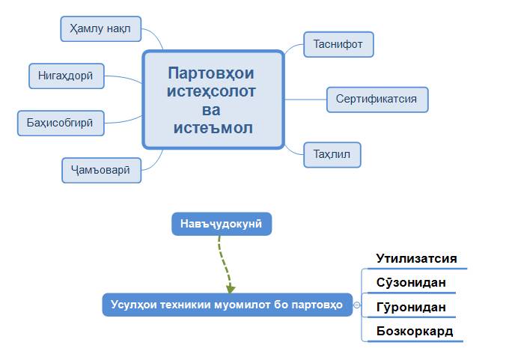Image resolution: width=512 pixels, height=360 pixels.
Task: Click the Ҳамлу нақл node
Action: (100, 28)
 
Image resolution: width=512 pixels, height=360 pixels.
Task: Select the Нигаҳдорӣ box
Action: (66, 75)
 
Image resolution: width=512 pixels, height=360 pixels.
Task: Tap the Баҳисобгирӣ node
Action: (61, 123)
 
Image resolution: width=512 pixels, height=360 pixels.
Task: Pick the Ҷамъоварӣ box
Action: (100, 170)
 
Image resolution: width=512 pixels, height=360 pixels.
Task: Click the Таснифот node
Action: (338, 44)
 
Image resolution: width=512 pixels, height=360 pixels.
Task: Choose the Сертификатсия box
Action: (377, 99)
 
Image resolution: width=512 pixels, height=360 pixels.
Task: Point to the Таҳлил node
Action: (332, 154)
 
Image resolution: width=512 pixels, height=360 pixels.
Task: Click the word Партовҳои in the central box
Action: (211, 73)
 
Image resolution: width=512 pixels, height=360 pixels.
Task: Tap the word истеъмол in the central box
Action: (213, 128)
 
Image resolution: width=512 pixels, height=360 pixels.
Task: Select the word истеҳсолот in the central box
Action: (213, 91)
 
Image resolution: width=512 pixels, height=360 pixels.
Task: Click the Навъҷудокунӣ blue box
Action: (222, 224)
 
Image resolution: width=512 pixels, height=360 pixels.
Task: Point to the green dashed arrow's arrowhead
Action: (231, 288)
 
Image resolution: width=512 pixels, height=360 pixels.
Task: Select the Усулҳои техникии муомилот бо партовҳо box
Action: (227, 305)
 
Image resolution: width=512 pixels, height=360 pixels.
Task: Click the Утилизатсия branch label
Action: (416, 258)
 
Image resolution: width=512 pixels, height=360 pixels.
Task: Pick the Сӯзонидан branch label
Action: (411, 282)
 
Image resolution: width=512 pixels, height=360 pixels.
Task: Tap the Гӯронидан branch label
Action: (411, 307)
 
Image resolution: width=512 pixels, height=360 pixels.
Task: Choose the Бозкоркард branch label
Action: (414, 331)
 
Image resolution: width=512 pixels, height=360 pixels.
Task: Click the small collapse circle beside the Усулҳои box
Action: (357, 305)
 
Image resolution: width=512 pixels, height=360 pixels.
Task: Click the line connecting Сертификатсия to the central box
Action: (305, 99)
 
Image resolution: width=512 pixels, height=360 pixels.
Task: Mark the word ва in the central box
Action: (213, 110)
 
